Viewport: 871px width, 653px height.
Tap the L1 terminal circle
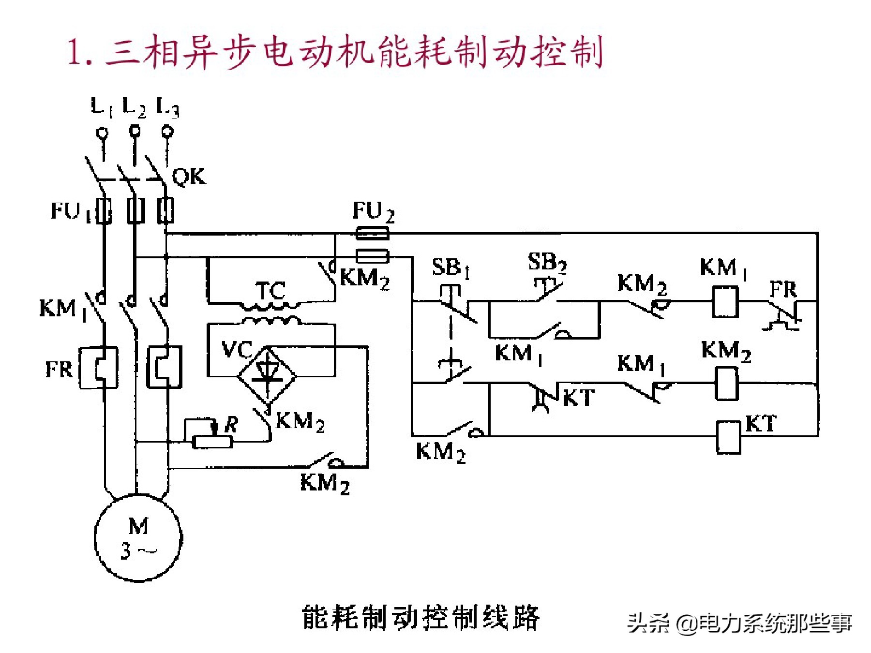(x=103, y=132)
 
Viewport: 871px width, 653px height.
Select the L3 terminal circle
(x=167, y=131)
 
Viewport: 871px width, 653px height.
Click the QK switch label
(x=189, y=177)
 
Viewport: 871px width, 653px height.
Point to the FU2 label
(x=373, y=212)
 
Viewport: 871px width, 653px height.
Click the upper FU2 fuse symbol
(x=372, y=234)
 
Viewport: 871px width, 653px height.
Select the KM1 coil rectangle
(x=725, y=302)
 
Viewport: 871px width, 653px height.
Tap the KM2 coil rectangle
(x=726, y=384)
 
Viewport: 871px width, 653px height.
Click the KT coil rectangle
(x=728, y=437)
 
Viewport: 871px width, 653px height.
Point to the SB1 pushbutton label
(x=451, y=267)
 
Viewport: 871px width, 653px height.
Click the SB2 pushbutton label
(x=547, y=262)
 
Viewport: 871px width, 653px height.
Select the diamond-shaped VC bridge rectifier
(x=267, y=375)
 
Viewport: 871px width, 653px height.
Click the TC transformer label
(x=270, y=291)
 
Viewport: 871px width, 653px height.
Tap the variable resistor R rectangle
(x=212, y=442)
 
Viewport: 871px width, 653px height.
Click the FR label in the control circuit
(x=783, y=290)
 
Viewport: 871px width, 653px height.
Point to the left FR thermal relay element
(x=99, y=368)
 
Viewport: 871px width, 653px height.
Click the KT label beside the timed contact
(x=579, y=398)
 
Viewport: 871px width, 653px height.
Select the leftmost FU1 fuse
(x=104, y=211)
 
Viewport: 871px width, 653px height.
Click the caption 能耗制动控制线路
(x=420, y=618)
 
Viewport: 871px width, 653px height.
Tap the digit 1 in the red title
(x=75, y=52)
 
